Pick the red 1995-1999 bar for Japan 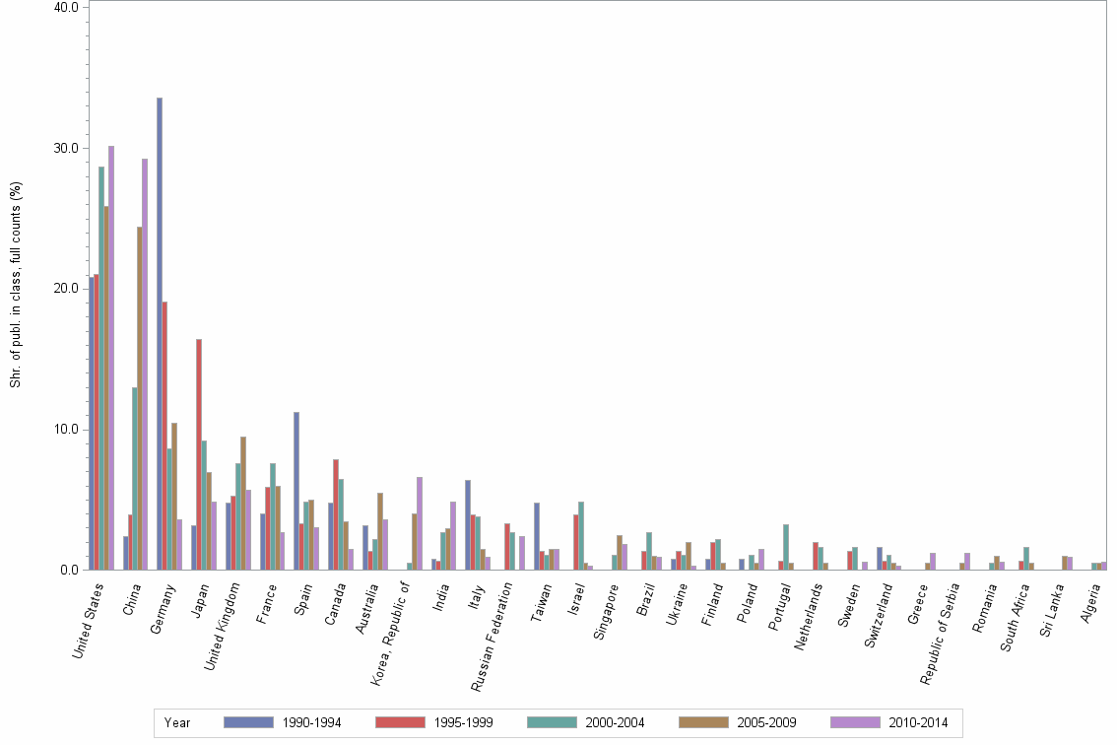199,454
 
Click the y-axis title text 16,284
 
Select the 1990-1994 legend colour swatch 248,722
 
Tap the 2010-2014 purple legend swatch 856,722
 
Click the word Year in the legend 178,722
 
